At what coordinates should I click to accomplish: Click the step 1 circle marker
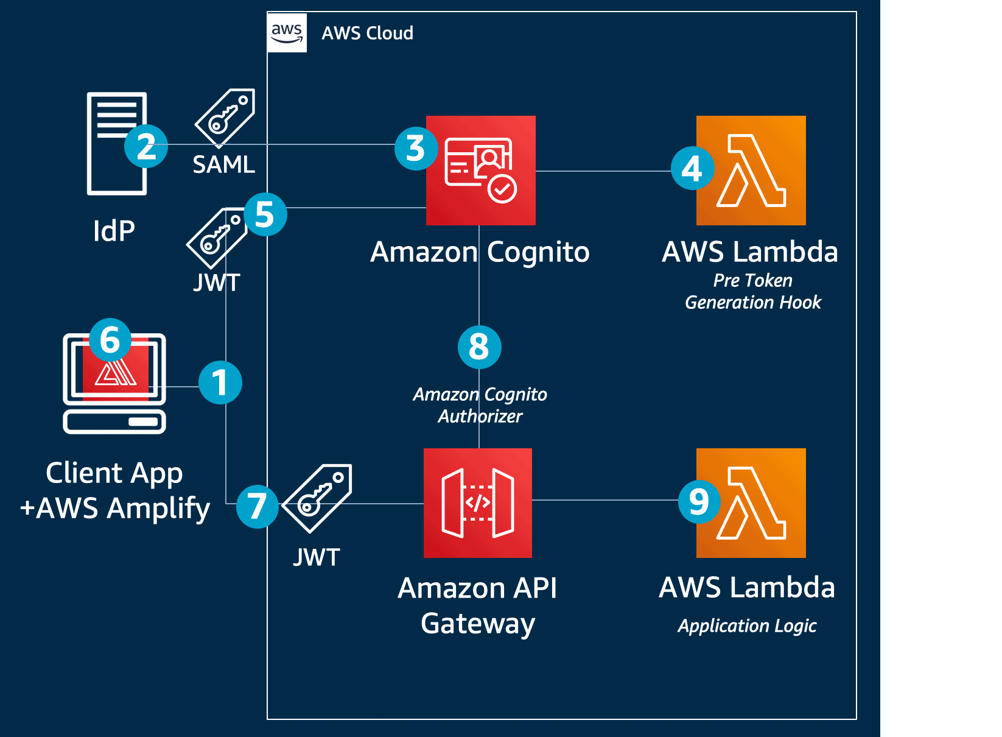point(220,383)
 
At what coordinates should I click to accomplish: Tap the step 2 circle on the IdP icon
point(146,146)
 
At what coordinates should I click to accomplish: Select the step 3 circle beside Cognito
point(416,148)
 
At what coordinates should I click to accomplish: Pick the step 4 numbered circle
point(692,168)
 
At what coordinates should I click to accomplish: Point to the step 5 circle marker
point(265,214)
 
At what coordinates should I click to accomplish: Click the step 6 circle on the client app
point(110,339)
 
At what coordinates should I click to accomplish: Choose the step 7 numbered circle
point(257,506)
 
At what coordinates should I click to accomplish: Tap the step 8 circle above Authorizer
point(479,347)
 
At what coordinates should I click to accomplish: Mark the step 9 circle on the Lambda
point(699,501)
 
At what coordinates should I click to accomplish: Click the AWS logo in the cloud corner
point(287,33)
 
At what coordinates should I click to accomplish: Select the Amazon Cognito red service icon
point(481,171)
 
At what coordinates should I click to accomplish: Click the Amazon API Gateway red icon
point(478,503)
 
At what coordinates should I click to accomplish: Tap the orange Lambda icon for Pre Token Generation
point(751,171)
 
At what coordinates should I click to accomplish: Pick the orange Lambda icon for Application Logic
point(751,503)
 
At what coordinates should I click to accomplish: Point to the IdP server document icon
point(117,143)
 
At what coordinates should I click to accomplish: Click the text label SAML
point(223,164)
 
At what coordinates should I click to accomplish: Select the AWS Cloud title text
point(367,33)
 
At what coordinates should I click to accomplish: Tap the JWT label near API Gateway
point(317,557)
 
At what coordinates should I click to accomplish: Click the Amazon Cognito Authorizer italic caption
point(480,405)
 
